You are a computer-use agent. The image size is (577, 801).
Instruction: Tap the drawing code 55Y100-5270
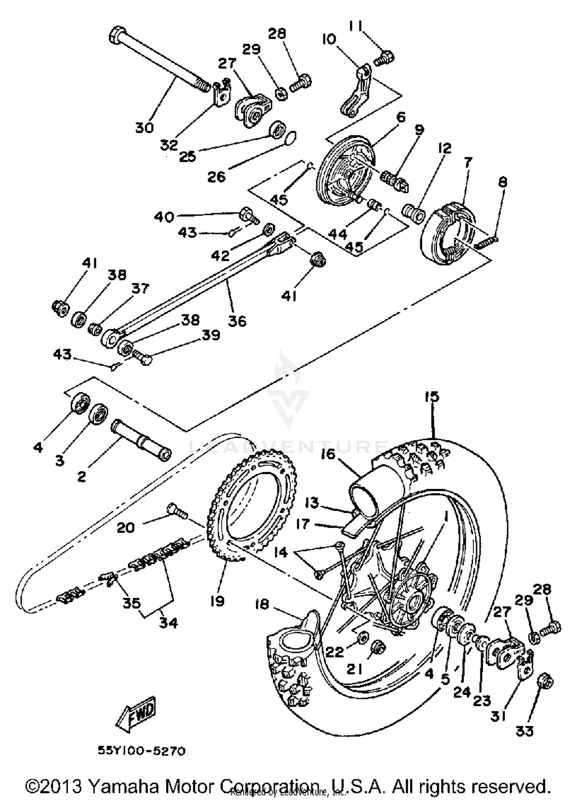(141, 751)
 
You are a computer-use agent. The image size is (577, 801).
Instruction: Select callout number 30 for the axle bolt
(144, 127)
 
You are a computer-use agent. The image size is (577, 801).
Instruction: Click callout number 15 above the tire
(432, 396)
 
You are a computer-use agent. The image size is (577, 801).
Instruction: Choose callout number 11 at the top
(356, 26)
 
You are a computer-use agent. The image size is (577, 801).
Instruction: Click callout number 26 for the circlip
(216, 177)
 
